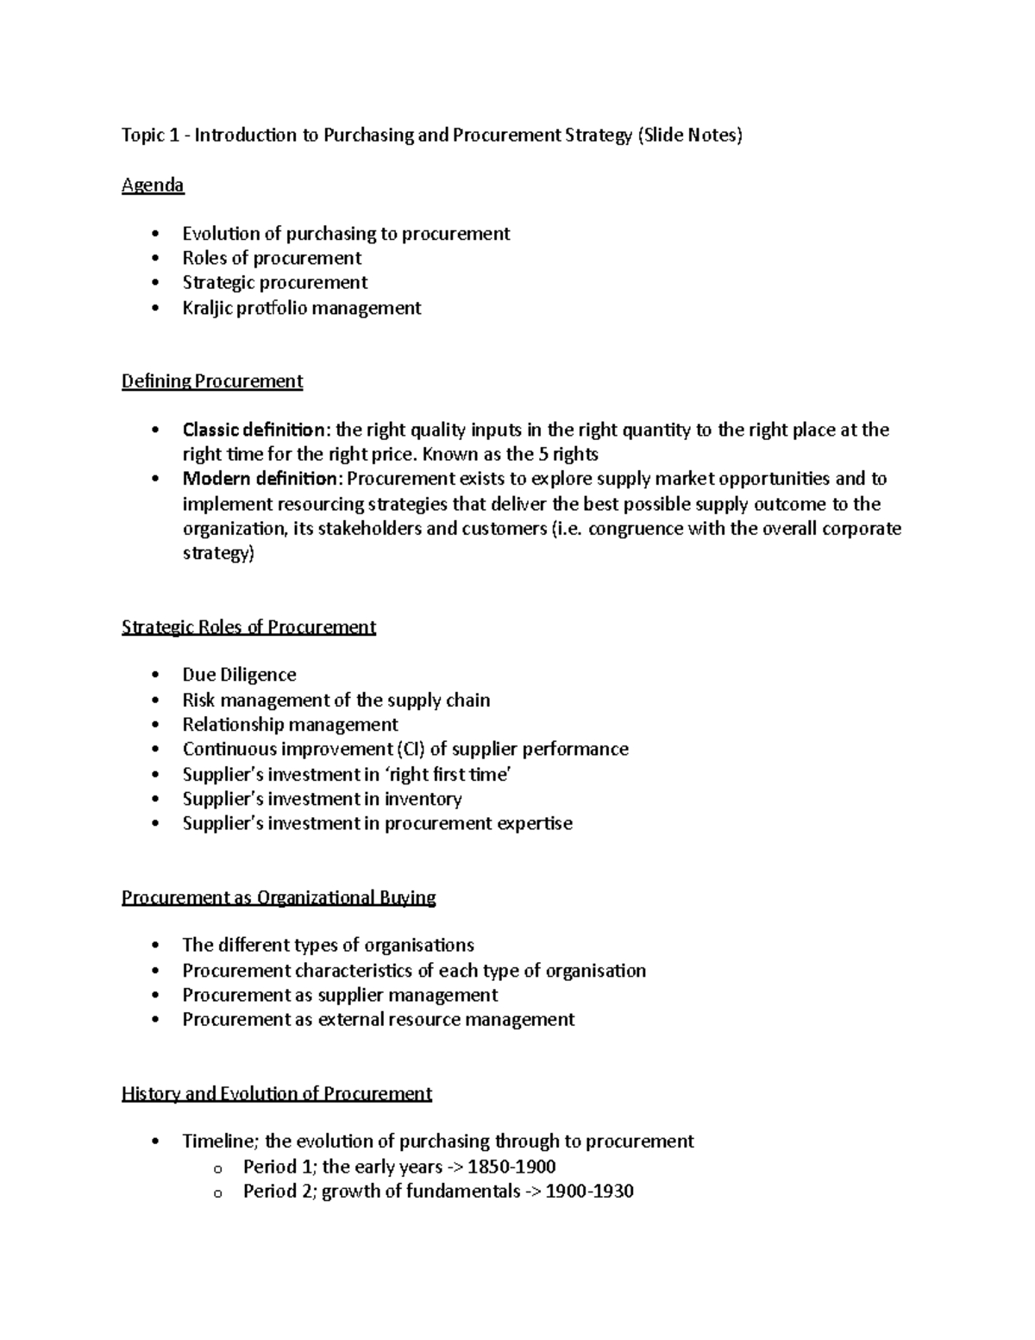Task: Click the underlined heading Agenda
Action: point(153,185)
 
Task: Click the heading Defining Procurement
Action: point(212,381)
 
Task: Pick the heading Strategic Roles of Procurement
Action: point(248,627)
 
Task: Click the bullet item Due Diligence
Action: point(239,675)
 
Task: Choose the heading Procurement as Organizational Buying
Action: point(279,897)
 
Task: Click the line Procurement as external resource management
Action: point(378,1020)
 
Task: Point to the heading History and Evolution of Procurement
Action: point(276,1094)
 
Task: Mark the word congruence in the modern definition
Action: point(635,529)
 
